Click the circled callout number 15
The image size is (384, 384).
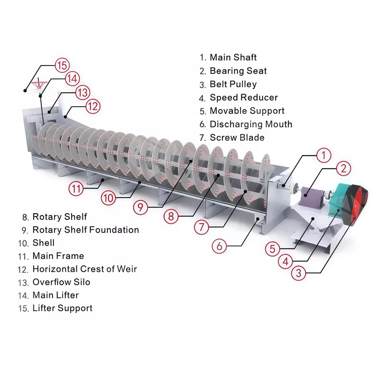coord(62,65)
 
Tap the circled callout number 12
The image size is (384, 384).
coord(93,106)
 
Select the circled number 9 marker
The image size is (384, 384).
coord(140,208)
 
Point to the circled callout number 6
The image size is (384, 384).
coord(219,246)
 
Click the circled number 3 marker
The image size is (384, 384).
coord(298,273)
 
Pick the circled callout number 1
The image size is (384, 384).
coord(324,155)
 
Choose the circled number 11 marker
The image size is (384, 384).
coord(76,189)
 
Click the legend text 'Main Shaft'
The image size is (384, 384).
coord(233,57)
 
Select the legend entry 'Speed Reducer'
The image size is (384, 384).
coord(244,98)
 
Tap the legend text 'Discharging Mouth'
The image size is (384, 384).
coord(251,124)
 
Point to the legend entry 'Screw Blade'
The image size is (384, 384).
coord(237,138)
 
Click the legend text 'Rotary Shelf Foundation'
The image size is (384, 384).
coord(86,230)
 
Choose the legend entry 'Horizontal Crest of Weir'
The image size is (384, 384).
coord(85,269)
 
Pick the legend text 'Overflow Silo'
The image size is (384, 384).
coord(61,282)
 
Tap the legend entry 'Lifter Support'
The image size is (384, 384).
coord(62,308)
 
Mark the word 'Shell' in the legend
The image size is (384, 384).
coord(43,243)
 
